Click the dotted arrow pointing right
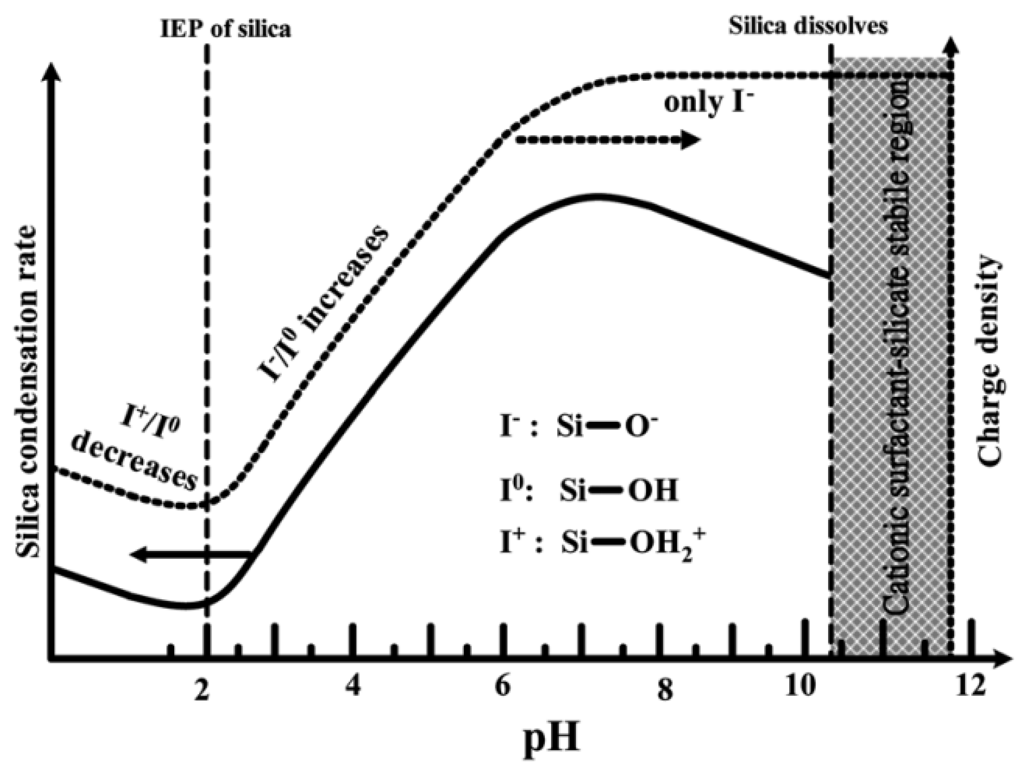pyautogui.click(x=607, y=140)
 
